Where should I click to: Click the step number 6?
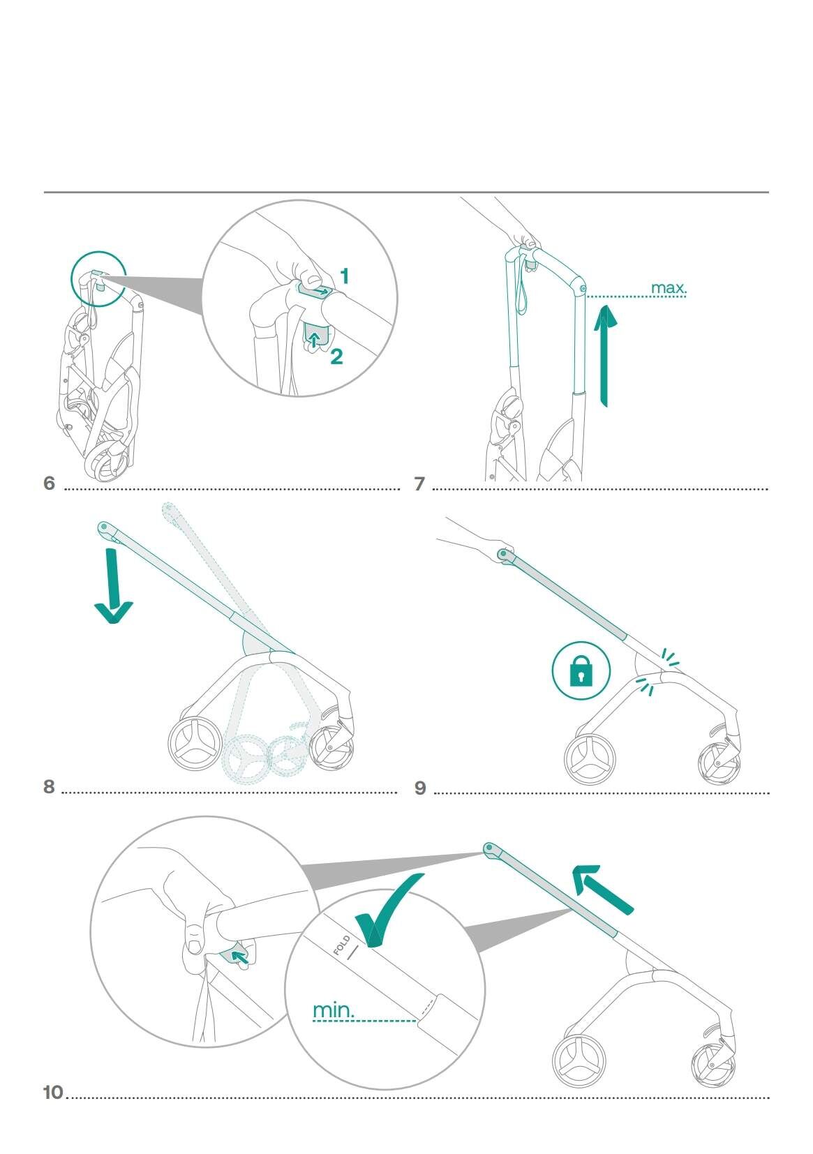[49, 483]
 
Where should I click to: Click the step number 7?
[419, 484]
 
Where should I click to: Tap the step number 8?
[49, 786]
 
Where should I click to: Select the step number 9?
[420, 788]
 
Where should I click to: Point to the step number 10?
[53, 1092]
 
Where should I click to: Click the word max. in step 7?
[669, 287]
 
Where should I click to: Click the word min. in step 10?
[334, 1010]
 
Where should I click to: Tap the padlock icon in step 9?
[581, 670]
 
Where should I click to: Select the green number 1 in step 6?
[344, 277]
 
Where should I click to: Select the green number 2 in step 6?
[336, 357]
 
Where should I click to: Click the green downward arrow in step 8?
[113, 586]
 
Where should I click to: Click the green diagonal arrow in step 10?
[602, 887]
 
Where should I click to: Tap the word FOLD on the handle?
[342, 944]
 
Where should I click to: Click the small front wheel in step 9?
[719, 763]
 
